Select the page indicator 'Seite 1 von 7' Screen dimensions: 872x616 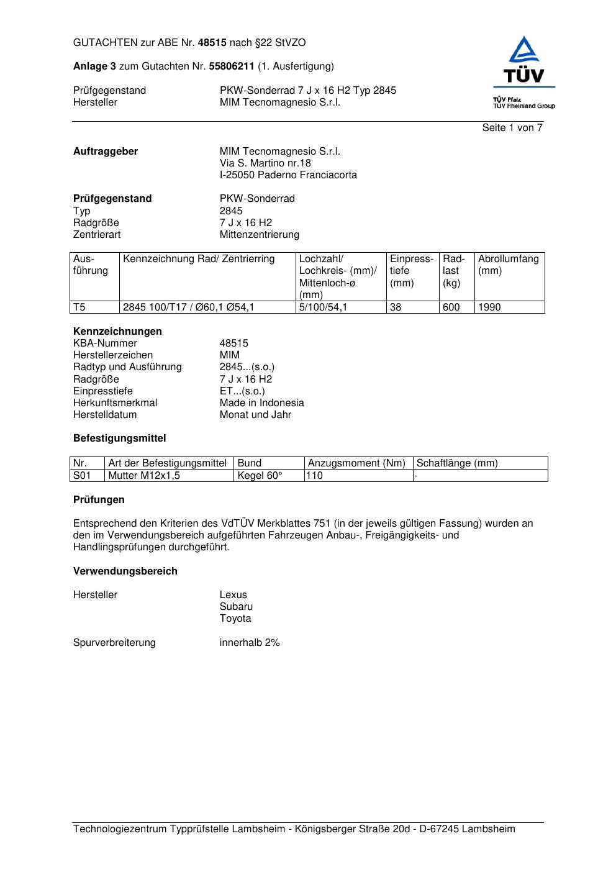pyautogui.click(x=512, y=128)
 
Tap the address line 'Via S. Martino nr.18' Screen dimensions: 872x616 pyautogui.click(x=265, y=163)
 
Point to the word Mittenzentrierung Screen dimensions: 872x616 pyautogui.click(x=259, y=235)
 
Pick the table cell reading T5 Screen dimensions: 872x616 pyautogui.click(x=79, y=307)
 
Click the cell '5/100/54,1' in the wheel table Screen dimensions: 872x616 pyautogui.click(x=323, y=307)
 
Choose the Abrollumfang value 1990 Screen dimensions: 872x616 pyautogui.click(x=489, y=307)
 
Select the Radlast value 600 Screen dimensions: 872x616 pyautogui.click(x=451, y=307)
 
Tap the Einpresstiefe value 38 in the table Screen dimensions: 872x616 pyautogui.click(x=396, y=307)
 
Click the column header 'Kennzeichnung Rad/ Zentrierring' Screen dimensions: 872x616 pyautogui.click(x=199, y=259)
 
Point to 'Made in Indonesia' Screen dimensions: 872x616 pyautogui.click(x=261, y=403)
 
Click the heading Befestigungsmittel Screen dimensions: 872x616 pyautogui.click(x=119, y=438)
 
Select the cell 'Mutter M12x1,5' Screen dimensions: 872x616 pyautogui.click(x=140, y=476)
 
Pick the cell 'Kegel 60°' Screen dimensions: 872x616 pyautogui.click(x=260, y=476)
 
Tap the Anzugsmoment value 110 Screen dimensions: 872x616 pyautogui.click(x=315, y=476)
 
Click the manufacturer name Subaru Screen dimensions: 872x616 pyautogui.click(x=236, y=607)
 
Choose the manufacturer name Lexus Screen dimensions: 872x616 pyautogui.click(x=233, y=595)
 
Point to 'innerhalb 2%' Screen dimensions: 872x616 pyautogui.click(x=250, y=643)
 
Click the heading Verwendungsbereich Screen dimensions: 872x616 pyautogui.click(x=125, y=571)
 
